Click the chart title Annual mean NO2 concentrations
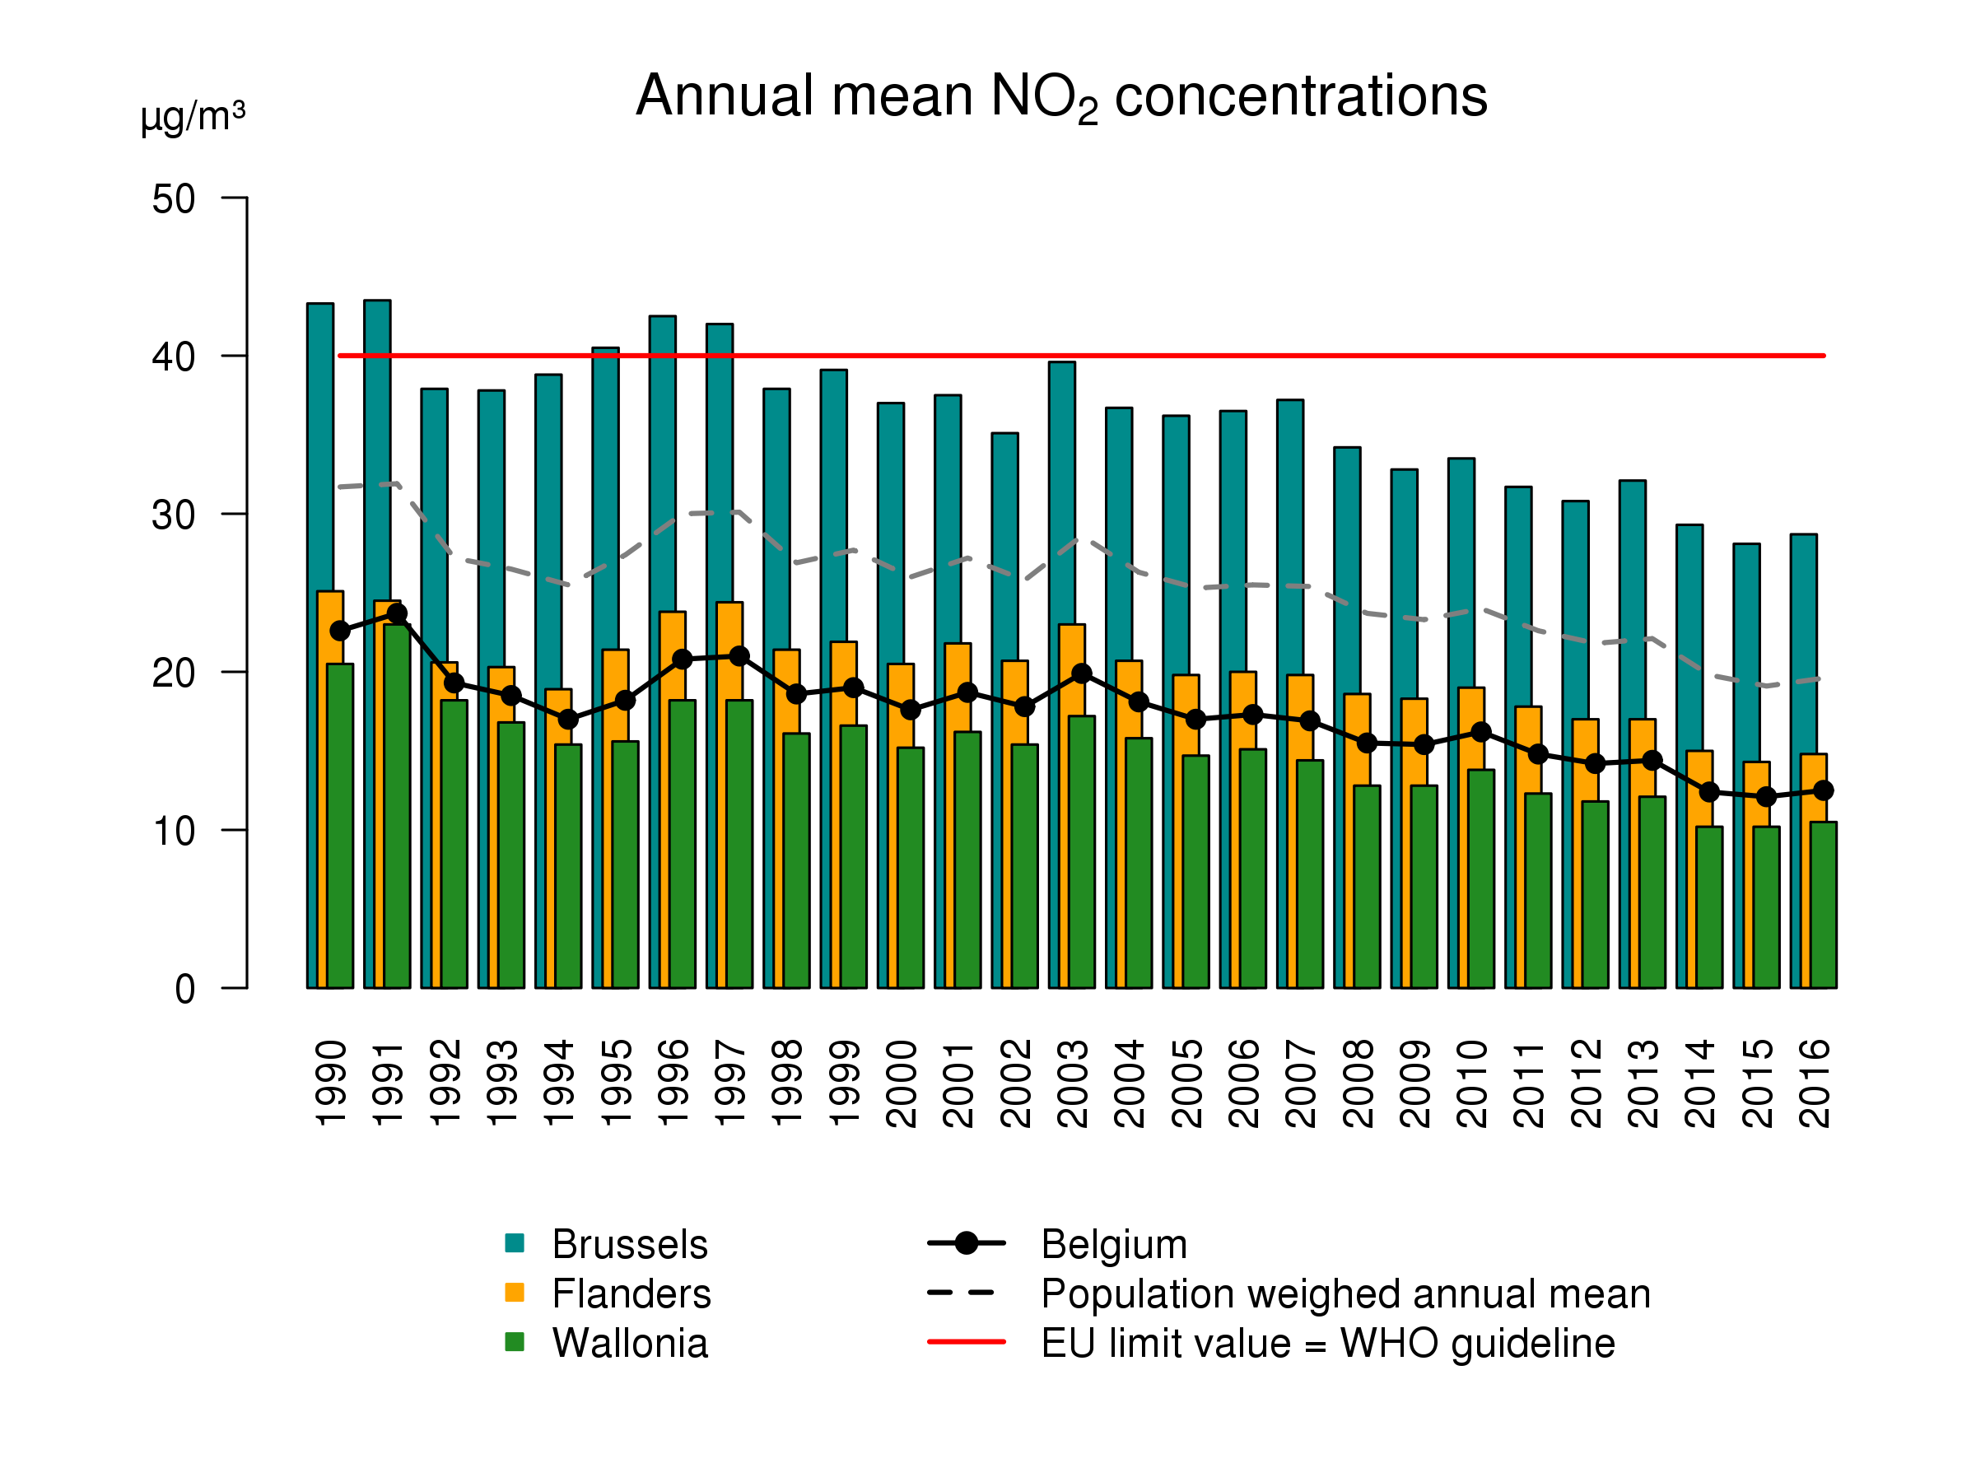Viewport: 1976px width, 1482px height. pyautogui.click(x=1061, y=96)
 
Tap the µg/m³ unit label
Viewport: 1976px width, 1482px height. pyautogui.click(x=192, y=117)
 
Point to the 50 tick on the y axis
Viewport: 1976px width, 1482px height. pyautogui.click(x=173, y=198)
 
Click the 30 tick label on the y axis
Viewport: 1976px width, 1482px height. pyautogui.click(x=173, y=515)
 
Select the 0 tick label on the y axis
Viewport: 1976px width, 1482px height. pyautogui.click(x=185, y=990)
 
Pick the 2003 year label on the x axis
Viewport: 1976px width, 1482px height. pyautogui.click(x=1073, y=1083)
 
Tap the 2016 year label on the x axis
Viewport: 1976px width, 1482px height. pyautogui.click(x=1815, y=1083)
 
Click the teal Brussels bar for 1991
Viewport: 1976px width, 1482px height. pyautogui.click(x=377, y=446)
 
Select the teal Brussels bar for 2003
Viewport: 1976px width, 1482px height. pyautogui.click(x=1061, y=492)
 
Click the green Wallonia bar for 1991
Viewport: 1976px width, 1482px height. pyautogui.click(x=397, y=804)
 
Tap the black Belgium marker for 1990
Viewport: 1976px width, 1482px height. pyautogui.click(x=340, y=631)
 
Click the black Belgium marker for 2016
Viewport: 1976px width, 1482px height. pyautogui.click(x=1823, y=790)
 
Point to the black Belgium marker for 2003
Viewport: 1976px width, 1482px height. pyautogui.click(x=1082, y=673)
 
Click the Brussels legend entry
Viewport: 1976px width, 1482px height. pyautogui.click(x=629, y=1244)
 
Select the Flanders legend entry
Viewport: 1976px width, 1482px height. pyautogui.click(x=631, y=1293)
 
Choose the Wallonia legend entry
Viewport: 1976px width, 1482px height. pyautogui.click(x=629, y=1344)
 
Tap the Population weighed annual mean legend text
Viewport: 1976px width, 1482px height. pyautogui.click(x=1345, y=1293)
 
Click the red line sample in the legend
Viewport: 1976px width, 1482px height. pyautogui.click(x=967, y=1342)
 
